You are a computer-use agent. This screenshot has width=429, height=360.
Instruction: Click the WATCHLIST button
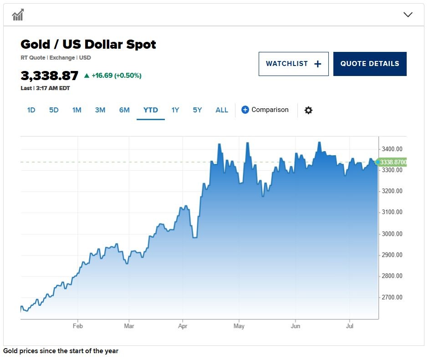[x=293, y=64]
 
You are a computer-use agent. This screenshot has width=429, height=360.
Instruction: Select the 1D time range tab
[x=31, y=110]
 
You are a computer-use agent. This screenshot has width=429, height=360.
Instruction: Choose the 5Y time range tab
[x=197, y=110]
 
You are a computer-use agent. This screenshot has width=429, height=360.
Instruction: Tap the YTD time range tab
[x=151, y=110]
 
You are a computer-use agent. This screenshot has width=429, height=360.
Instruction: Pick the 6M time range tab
[x=124, y=110]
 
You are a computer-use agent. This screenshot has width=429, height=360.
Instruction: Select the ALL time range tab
[x=222, y=110]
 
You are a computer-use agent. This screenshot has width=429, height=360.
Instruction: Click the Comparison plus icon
[x=245, y=110]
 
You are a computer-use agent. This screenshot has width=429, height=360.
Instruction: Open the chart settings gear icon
[x=308, y=110]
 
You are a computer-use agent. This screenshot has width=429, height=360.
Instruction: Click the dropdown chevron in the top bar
[x=408, y=15]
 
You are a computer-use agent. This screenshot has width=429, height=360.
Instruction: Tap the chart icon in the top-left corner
[x=18, y=15]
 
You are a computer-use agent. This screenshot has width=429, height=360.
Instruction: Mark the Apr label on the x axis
[x=183, y=326]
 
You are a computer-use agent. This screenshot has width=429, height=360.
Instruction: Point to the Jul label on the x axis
[x=350, y=326]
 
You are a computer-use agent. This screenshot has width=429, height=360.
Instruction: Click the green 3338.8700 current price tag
[x=393, y=162]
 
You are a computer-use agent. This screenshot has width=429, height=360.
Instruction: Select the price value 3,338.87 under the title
[x=50, y=76]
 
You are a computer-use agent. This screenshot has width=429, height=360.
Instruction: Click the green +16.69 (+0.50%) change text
[x=116, y=76]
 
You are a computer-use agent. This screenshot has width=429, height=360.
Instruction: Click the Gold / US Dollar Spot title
[x=88, y=45]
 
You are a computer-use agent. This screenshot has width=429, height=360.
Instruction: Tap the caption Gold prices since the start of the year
[x=61, y=351]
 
